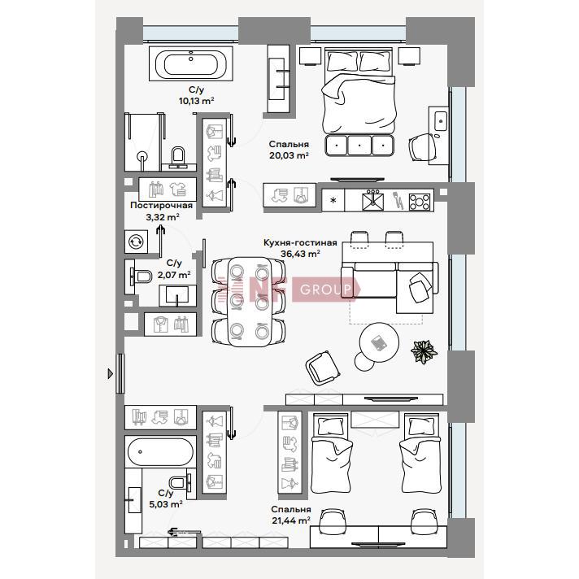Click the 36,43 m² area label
pos(300,254)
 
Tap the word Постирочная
pos(161,205)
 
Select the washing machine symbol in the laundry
pos(136,242)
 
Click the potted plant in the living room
pos(424,351)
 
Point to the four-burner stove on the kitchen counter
pos(420,202)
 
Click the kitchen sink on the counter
pos(372,201)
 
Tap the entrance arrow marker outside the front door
pos(110,374)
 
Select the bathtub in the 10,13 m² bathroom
pos(191,63)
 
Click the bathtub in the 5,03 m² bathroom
pos(160,451)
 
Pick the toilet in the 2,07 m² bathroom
pos(141,276)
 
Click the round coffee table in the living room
pos(379,342)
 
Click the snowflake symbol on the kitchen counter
pos(333,201)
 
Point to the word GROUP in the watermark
pos(325,289)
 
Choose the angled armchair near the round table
pos(322,368)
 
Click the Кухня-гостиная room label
pos(300,242)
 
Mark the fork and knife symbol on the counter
pos(397,199)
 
